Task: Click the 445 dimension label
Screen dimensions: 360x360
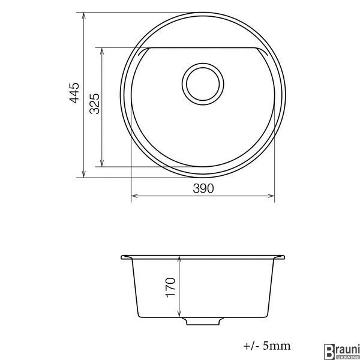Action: point(74,93)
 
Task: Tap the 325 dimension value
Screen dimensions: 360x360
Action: point(95,104)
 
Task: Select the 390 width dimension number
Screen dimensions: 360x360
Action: point(203,188)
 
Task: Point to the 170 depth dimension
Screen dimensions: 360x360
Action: point(170,287)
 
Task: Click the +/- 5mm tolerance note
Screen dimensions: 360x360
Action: point(267,346)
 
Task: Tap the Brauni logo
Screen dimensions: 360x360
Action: point(341,352)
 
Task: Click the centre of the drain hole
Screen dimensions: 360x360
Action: point(203,84)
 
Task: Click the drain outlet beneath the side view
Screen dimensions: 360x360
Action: point(203,321)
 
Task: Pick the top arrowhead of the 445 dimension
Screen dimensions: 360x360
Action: point(84,16)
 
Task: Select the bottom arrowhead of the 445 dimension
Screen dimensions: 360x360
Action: point(84,174)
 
